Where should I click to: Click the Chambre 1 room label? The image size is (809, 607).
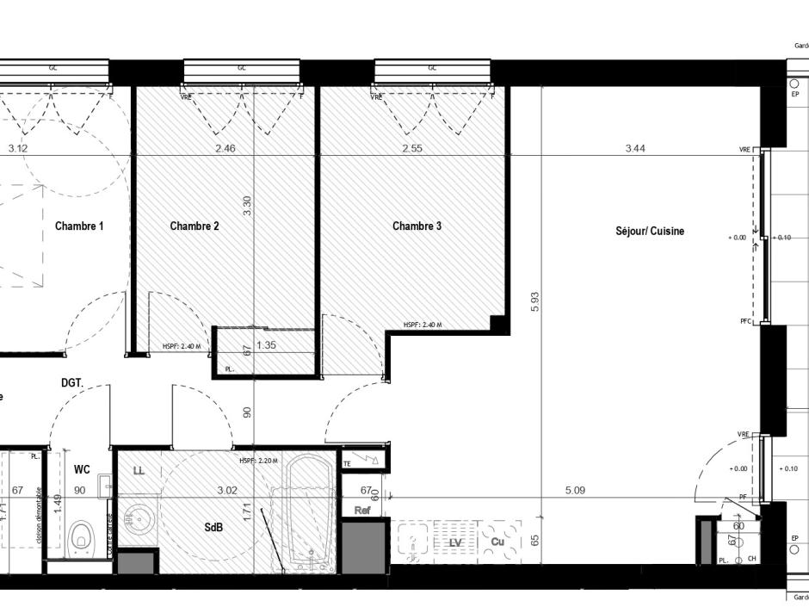(x=79, y=226)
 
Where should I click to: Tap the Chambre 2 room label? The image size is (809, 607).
(x=194, y=226)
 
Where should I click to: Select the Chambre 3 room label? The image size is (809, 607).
(x=417, y=226)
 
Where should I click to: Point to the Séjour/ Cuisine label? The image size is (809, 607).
(x=650, y=231)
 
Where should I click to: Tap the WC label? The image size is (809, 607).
(x=82, y=469)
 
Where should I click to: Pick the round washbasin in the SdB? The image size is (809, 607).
(x=138, y=521)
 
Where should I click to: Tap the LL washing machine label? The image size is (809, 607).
(x=139, y=470)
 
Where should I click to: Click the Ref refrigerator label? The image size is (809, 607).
(x=361, y=510)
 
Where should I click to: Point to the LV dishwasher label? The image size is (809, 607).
(x=456, y=542)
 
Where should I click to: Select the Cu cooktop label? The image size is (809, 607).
(x=497, y=542)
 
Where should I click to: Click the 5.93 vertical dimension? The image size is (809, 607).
(x=534, y=301)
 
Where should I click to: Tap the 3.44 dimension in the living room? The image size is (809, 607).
(x=635, y=148)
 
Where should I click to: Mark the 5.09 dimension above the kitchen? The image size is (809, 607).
(x=575, y=491)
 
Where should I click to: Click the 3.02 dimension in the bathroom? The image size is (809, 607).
(x=226, y=491)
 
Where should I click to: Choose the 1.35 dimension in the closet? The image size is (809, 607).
(x=267, y=345)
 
